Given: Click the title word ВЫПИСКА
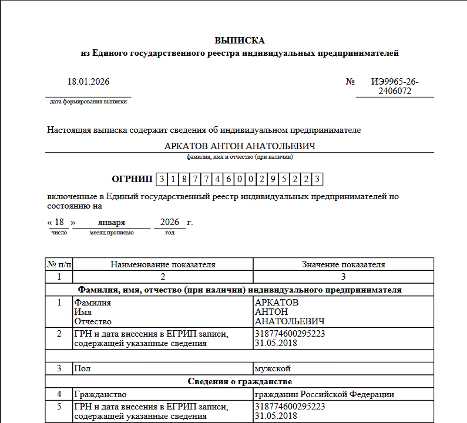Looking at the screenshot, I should click(x=240, y=41).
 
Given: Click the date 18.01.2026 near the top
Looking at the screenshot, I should click(x=88, y=82).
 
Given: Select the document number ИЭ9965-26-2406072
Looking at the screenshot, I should click(x=395, y=86).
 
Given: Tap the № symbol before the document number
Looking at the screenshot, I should click(x=350, y=82).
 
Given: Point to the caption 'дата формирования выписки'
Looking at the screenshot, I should click(x=88, y=102).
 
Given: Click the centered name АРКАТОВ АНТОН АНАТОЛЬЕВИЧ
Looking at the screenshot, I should click(x=240, y=146).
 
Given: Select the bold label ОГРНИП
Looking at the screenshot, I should click(x=132, y=179).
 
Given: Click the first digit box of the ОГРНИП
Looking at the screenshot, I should click(x=162, y=179).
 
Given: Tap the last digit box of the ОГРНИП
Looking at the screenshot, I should click(x=317, y=179).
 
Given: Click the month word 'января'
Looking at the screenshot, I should click(x=112, y=223).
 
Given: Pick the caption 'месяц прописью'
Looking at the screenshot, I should click(x=112, y=233).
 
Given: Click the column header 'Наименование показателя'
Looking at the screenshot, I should click(x=163, y=264).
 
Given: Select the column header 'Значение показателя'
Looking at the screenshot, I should click(x=343, y=264).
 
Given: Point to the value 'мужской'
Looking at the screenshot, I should click(x=273, y=368).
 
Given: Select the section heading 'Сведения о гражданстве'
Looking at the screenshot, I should click(x=240, y=381).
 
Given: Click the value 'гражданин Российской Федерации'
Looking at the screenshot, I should click(x=324, y=394).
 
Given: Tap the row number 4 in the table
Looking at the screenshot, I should click(x=59, y=394).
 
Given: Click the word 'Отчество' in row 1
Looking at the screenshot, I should click(x=92, y=321).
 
